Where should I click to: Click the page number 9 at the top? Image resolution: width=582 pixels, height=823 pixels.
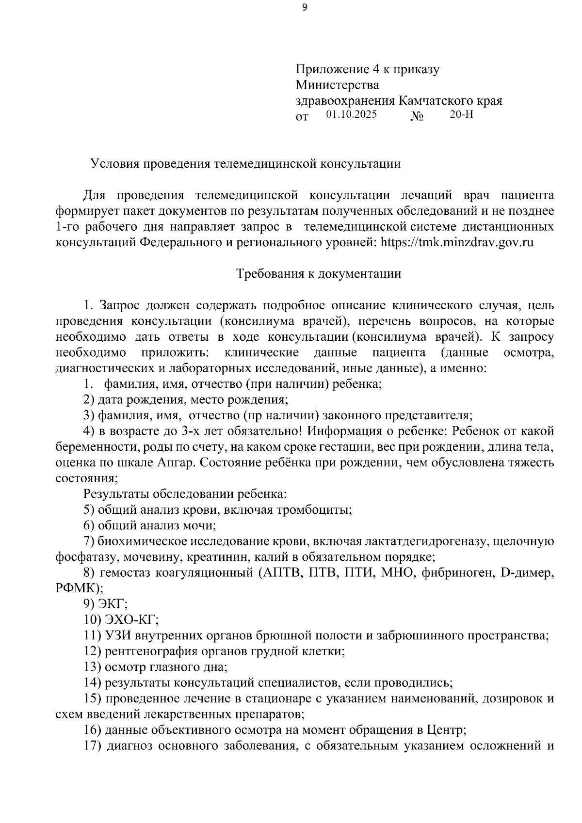tap(304, 7)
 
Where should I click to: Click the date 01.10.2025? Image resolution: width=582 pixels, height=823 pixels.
tap(352, 115)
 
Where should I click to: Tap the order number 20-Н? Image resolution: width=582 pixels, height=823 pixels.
tap(461, 115)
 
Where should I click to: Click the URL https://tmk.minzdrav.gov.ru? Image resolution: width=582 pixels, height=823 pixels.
tap(457, 242)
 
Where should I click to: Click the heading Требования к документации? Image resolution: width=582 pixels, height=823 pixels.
tap(319, 274)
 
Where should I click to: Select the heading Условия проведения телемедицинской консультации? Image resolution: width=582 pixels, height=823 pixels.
tap(246, 164)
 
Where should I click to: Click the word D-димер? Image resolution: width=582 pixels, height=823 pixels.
tap(526, 573)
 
